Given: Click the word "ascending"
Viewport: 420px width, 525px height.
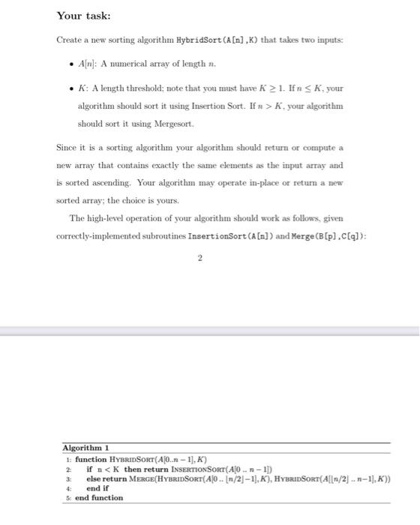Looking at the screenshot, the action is [x=154, y=181].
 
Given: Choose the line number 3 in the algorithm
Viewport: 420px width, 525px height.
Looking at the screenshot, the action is [x=68, y=478].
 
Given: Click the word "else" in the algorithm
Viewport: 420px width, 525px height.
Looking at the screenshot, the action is [x=94, y=478].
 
